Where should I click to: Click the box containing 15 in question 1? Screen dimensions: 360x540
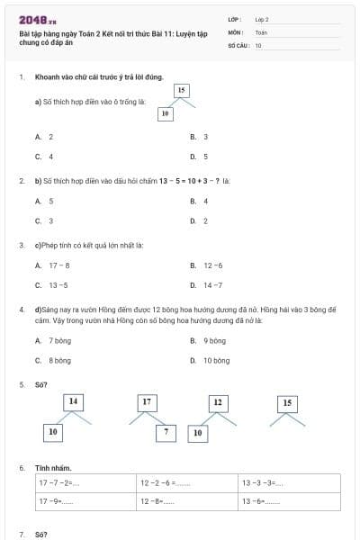pos(182,90)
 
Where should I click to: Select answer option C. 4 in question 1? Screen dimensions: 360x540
pos(44,156)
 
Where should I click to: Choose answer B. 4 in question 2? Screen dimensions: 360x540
pos(200,201)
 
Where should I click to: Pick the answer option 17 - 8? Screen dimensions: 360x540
pos(53,265)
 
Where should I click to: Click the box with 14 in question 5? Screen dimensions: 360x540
pos(74,400)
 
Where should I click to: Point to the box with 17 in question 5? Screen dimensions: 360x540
pos(147,401)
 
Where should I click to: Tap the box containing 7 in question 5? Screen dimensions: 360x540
pos(165,433)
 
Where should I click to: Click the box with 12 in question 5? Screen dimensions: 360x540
pos(217,401)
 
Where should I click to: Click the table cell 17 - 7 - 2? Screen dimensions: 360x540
pos(86,483)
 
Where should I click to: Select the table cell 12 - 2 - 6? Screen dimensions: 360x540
pos(188,483)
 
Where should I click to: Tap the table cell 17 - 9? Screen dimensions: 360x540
pos(86,501)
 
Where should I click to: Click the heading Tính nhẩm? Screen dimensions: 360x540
pos(53,467)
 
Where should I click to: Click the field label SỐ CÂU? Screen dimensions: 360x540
pos(238,44)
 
